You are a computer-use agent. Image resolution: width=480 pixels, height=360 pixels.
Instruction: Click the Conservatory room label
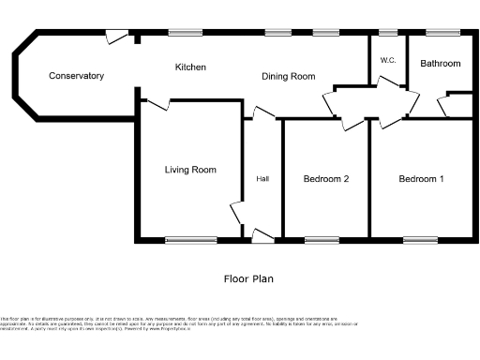(76, 76)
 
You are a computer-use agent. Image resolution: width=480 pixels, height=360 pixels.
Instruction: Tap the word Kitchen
(190, 67)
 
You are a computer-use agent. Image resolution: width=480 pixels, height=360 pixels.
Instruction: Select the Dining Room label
(288, 76)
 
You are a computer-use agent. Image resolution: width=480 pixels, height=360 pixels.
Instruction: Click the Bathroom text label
(440, 64)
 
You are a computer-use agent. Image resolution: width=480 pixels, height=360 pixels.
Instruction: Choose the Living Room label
(190, 170)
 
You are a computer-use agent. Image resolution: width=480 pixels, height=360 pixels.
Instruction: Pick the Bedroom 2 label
(326, 179)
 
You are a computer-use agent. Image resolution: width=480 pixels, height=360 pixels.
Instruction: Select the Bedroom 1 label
(421, 179)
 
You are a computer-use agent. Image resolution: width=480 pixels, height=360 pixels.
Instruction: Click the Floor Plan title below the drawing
(248, 278)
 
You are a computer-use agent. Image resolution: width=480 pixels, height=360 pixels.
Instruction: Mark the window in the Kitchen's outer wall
(186, 33)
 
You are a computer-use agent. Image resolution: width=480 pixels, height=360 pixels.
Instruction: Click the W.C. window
(388, 33)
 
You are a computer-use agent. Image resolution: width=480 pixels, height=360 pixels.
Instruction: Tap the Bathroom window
(440, 33)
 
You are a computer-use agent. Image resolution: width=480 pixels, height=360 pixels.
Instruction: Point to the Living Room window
(191, 240)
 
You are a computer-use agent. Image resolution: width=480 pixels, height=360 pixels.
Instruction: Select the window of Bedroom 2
(322, 240)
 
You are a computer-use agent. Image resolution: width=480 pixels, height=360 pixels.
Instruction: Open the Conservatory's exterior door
(116, 37)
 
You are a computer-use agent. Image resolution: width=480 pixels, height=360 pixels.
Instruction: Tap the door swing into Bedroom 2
(352, 122)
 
